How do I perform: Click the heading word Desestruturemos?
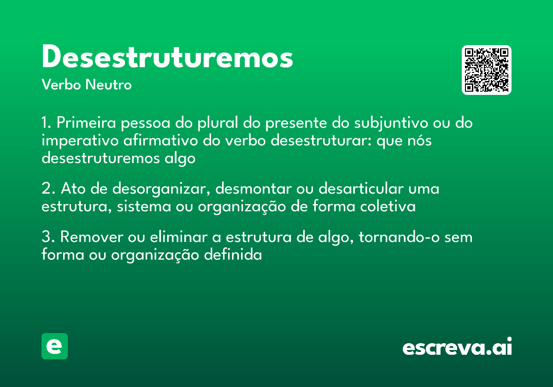coord(167,58)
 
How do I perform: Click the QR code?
coord(487,70)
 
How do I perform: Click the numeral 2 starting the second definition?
coord(46,189)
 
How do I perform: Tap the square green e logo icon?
coord(54,346)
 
